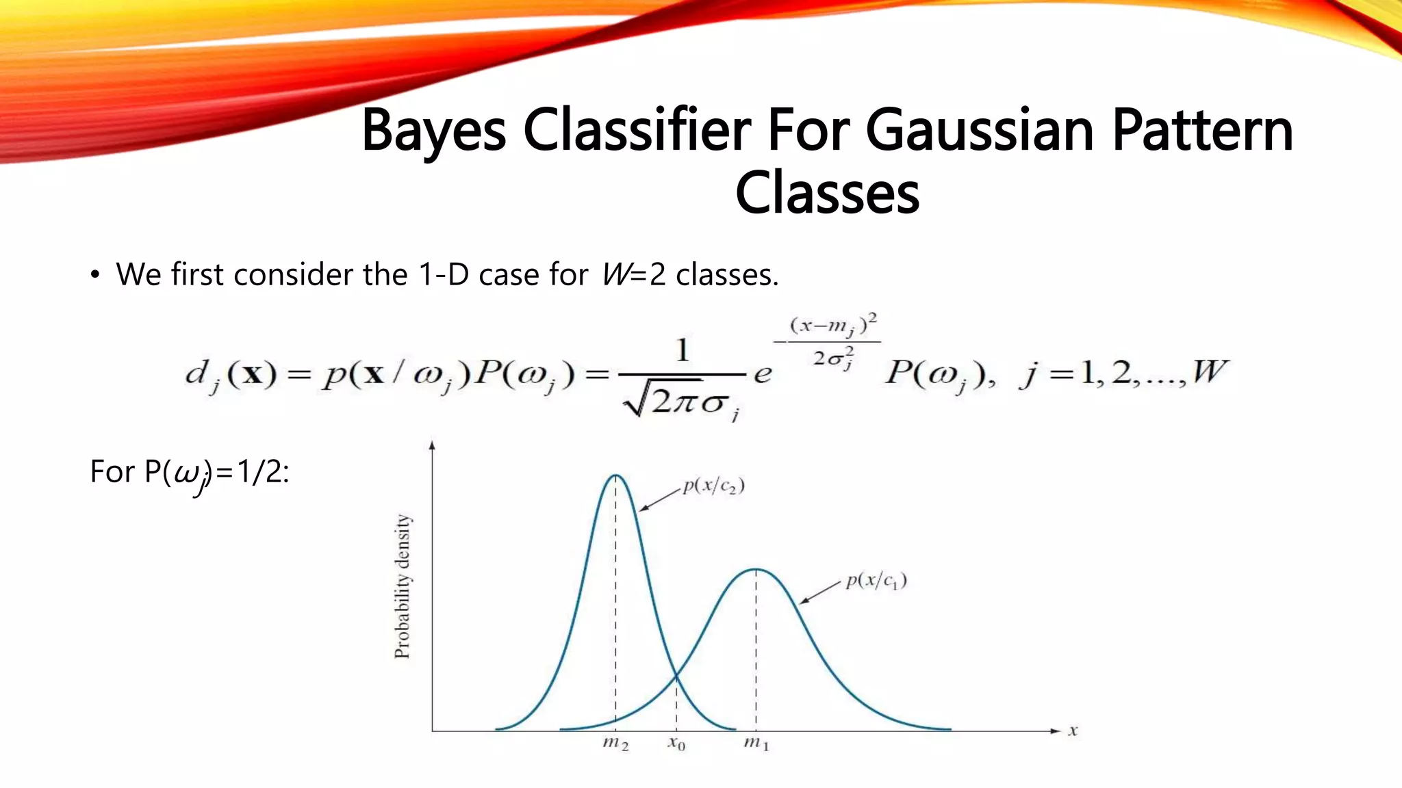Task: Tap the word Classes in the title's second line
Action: click(827, 193)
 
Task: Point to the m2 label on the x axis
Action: click(615, 744)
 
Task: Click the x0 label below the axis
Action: click(676, 744)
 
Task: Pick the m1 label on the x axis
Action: click(756, 744)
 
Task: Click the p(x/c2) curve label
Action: click(713, 486)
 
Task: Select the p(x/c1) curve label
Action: click(876, 581)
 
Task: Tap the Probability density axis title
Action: click(403, 586)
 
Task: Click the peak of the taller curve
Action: click(616, 475)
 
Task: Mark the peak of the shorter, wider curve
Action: click(756, 569)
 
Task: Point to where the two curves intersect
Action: click(676, 677)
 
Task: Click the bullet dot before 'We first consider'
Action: click(95, 276)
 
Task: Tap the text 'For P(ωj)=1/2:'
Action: click(190, 472)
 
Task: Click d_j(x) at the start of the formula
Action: click(231, 375)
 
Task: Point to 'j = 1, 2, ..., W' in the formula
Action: click(1123, 373)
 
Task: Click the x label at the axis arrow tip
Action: click(1073, 731)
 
